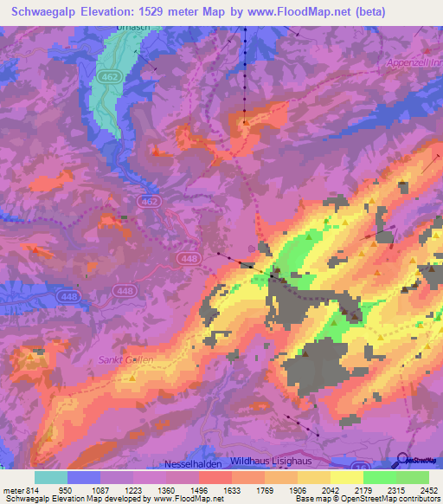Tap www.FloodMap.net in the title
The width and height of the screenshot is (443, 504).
point(301,12)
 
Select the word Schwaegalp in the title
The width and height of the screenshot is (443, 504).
point(50,12)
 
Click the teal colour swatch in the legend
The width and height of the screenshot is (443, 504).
point(51,477)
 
